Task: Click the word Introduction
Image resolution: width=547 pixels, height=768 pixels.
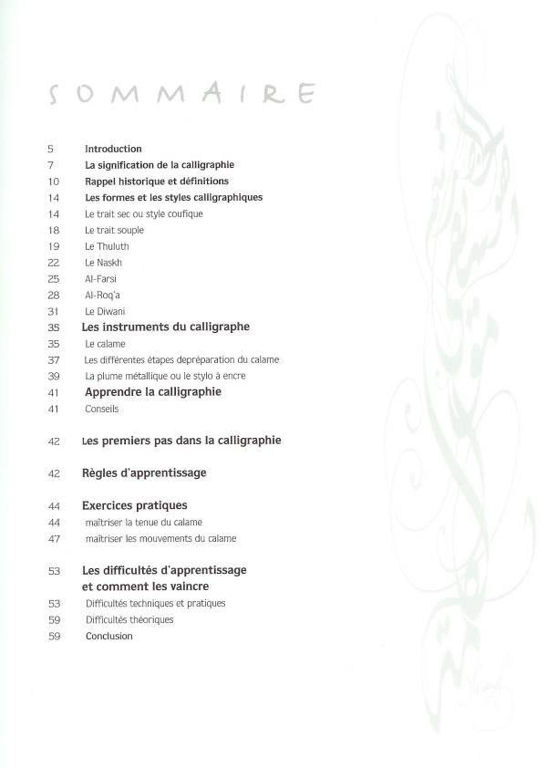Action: (113, 149)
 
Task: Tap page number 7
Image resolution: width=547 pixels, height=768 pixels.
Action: (51, 165)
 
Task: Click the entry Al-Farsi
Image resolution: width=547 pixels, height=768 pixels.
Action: (100, 278)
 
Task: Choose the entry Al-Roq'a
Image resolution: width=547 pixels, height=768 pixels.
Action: (103, 295)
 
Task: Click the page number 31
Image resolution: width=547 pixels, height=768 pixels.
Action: (53, 311)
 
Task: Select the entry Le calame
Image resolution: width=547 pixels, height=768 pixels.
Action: (105, 344)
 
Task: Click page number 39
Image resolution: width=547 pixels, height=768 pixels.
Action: (53, 376)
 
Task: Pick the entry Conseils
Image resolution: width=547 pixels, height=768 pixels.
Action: (101, 410)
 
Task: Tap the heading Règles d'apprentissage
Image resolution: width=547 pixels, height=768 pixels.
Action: (144, 473)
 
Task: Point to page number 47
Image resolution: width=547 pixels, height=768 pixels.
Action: (53, 539)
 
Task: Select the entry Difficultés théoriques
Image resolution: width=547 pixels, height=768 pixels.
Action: (129, 619)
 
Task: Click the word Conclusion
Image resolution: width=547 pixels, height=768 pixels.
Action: (108, 636)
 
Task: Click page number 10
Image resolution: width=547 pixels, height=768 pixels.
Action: (53, 182)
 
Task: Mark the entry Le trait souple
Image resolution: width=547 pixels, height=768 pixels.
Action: (114, 230)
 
